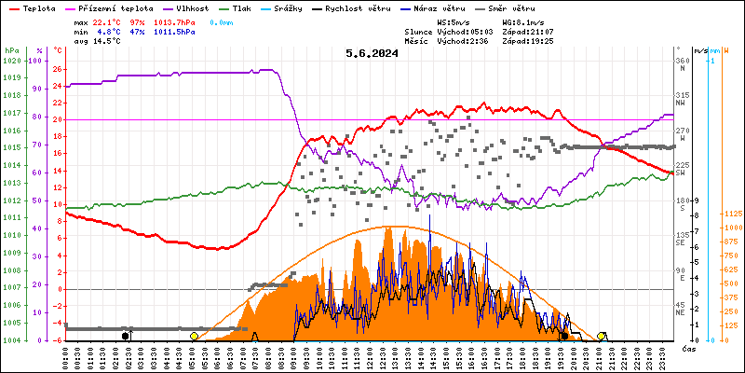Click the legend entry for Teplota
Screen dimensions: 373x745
[38, 7]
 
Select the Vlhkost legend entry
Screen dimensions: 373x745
[192, 7]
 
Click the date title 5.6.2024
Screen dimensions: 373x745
[372, 54]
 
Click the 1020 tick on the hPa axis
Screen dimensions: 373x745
[11, 61]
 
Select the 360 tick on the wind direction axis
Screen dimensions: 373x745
[683, 61]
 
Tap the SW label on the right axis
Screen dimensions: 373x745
[682, 173]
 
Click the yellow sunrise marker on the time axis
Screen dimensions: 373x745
[194, 336]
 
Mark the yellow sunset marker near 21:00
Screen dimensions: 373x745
[602, 336]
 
